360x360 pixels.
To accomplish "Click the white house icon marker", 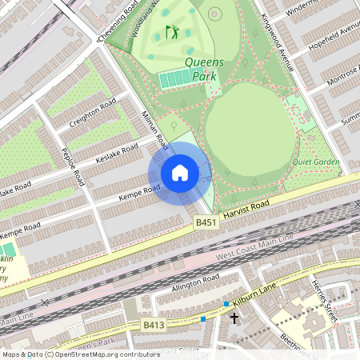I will click(x=180, y=172).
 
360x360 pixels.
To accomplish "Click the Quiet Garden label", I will click(x=318, y=162).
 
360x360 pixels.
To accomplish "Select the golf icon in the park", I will click(x=172, y=33).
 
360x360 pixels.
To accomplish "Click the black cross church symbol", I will click(x=234, y=318).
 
